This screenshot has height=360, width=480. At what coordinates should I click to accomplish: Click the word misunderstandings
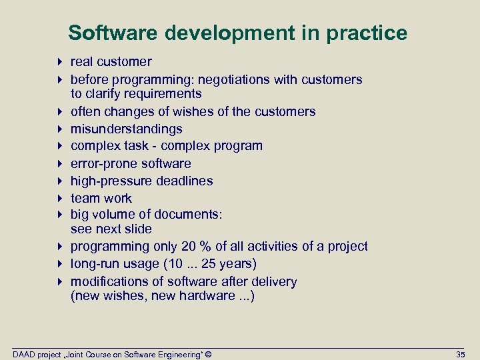tap(127, 129)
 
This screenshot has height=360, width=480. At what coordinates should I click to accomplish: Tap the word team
tap(83, 198)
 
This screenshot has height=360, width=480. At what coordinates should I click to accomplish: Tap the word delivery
tap(274, 281)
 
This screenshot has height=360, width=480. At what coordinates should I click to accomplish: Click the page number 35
tap(460, 354)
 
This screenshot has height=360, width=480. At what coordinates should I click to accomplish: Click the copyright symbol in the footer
tap(209, 354)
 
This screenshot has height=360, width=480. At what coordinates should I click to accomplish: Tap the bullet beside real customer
tap(60, 62)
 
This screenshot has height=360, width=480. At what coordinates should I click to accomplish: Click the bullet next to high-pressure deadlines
tap(60, 181)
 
